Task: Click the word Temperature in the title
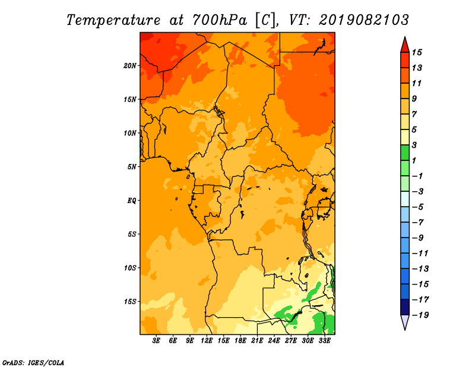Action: (113, 20)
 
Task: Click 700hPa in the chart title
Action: (220, 20)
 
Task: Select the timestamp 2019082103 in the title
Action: (364, 20)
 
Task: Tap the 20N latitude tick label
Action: (130, 66)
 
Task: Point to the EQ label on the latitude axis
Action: (132, 201)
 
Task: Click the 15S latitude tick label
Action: (130, 302)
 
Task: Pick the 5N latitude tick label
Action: (132, 167)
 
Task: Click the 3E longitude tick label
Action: (156, 341)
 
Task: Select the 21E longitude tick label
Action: (257, 341)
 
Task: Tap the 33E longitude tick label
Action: (324, 341)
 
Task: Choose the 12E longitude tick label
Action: (206, 341)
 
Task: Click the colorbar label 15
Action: (417, 52)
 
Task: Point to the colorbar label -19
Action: (420, 315)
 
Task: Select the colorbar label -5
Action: (418, 207)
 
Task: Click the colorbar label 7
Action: (414, 114)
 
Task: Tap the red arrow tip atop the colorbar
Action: (405, 37)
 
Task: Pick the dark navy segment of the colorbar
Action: (405, 307)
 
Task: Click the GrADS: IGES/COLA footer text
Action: (33, 363)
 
